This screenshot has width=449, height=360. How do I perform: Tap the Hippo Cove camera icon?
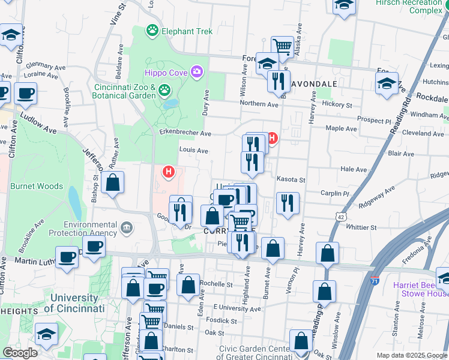[197, 73]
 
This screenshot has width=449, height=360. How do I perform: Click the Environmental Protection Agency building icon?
[126, 227]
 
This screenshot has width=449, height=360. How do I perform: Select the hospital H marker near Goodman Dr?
[169, 173]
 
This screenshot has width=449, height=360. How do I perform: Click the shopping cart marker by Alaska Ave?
[282, 46]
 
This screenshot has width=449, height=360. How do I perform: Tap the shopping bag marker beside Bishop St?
[112, 182]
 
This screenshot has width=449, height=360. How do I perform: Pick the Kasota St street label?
[291, 179]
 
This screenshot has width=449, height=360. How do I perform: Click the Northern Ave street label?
[259, 104]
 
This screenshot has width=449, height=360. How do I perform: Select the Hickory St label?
[337, 104]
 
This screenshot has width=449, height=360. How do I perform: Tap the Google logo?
[20, 353]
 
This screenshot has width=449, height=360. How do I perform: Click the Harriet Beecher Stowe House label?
[420, 289]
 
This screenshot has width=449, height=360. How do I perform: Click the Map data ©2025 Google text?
[412, 355]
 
